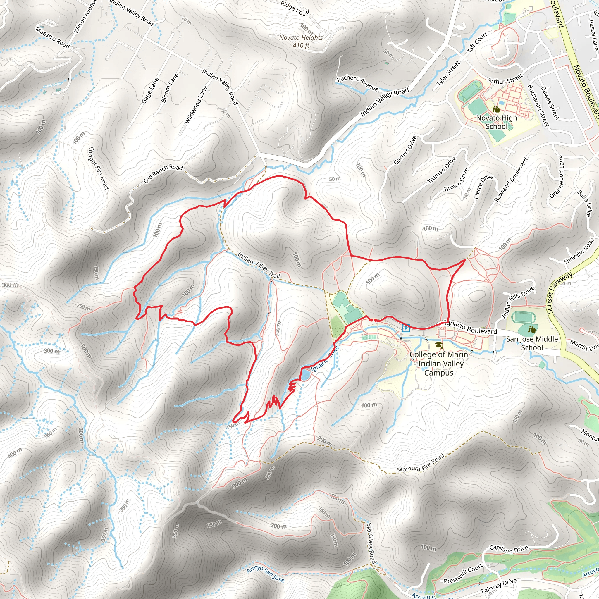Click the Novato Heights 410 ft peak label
tap(301, 41)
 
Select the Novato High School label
tap(496, 122)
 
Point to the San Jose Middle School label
tap(532, 343)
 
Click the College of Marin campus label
tap(439, 363)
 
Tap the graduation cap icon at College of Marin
tap(438, 345)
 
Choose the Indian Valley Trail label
tap(258, 265)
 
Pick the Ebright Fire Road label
tap(99, 168)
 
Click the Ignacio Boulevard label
tap(470, 327)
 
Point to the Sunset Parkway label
tap(559, 293)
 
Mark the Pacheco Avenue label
tap(357, 83)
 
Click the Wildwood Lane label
tap(196, 105)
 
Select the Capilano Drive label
tap(508, 549)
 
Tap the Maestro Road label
tap(52, 37)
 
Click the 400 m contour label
tap(15, 453)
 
